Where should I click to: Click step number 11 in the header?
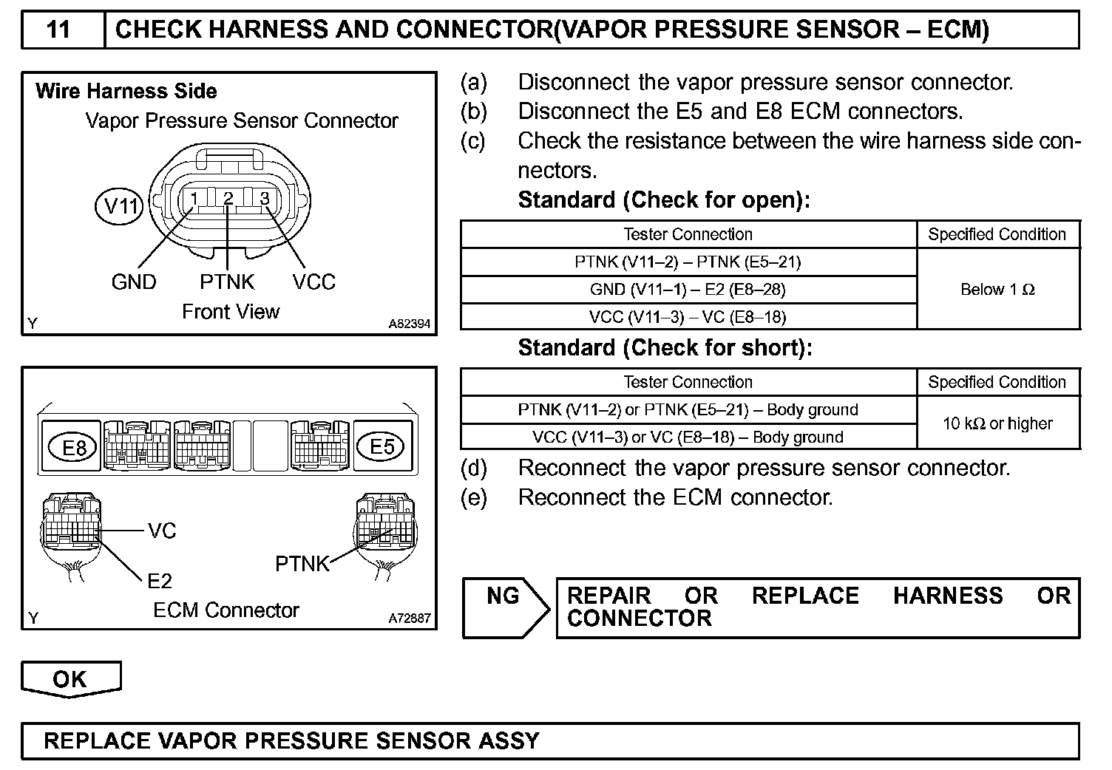[x=59, y=30]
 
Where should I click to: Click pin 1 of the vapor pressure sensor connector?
[x=193, y=198]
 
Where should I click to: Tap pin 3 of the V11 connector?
[x=264, y=198]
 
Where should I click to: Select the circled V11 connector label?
[x=119, y=205]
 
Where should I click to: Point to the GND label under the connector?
[x=134, y=282]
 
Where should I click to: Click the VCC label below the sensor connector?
[x=313, y=282]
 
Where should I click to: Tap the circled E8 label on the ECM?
[x=73, y=448]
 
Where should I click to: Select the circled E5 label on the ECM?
[x=382, y=446]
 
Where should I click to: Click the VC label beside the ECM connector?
[x=162, y=531]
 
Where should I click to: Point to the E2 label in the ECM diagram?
[x=160, y=581]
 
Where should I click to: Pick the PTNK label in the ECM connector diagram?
[x=302, y=564]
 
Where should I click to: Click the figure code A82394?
[x=410, y=324]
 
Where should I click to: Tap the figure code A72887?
[x=410, y=619]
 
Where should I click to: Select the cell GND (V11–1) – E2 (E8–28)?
[x=688, y=290]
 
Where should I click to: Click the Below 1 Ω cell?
[x=997, y=290]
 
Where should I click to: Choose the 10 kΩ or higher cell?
[x=997, y=423]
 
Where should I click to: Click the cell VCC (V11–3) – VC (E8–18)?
[x=688, y=317]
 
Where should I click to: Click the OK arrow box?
[x=70, y=679]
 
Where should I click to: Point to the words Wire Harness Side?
[x=126, y=92]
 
